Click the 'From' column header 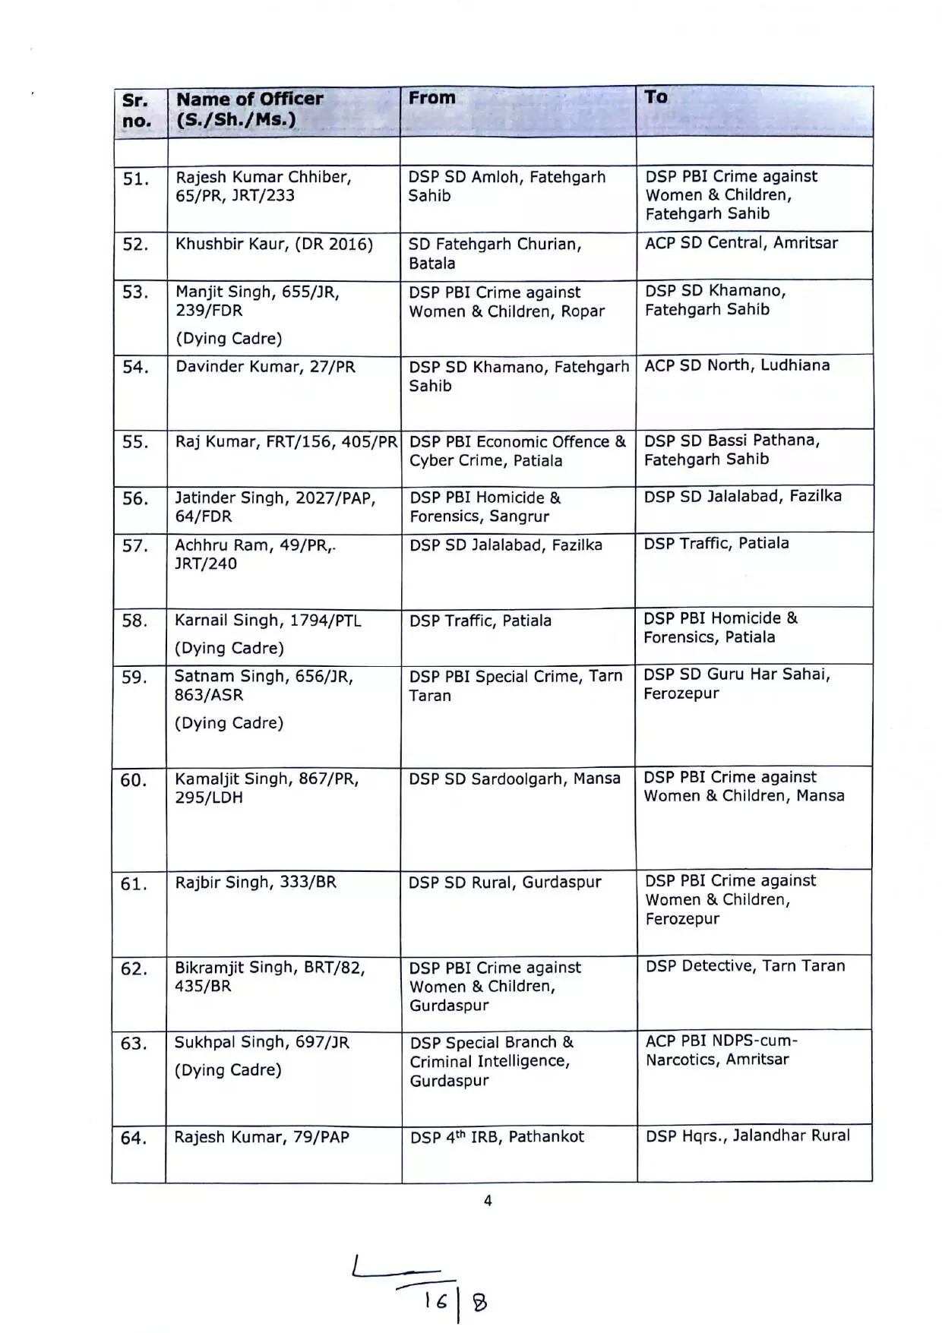point(432,98)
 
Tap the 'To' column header point(656,96)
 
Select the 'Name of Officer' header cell point(250,109)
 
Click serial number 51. point(136,179)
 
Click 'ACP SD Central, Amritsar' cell point(741,243)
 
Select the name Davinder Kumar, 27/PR point(265,367)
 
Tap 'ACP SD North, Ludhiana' point(737,365)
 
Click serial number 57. point(135,546)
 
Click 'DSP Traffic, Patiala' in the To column point(716,543)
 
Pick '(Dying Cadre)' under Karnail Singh point(229,648)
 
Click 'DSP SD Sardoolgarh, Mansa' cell point(514,779)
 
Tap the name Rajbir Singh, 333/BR point(255,883)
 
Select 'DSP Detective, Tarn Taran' point(745,966)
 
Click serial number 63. point(134,1044)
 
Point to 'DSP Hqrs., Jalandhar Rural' point(748,1136)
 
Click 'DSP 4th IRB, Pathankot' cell point(497,1137)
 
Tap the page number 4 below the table point(488,1201)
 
